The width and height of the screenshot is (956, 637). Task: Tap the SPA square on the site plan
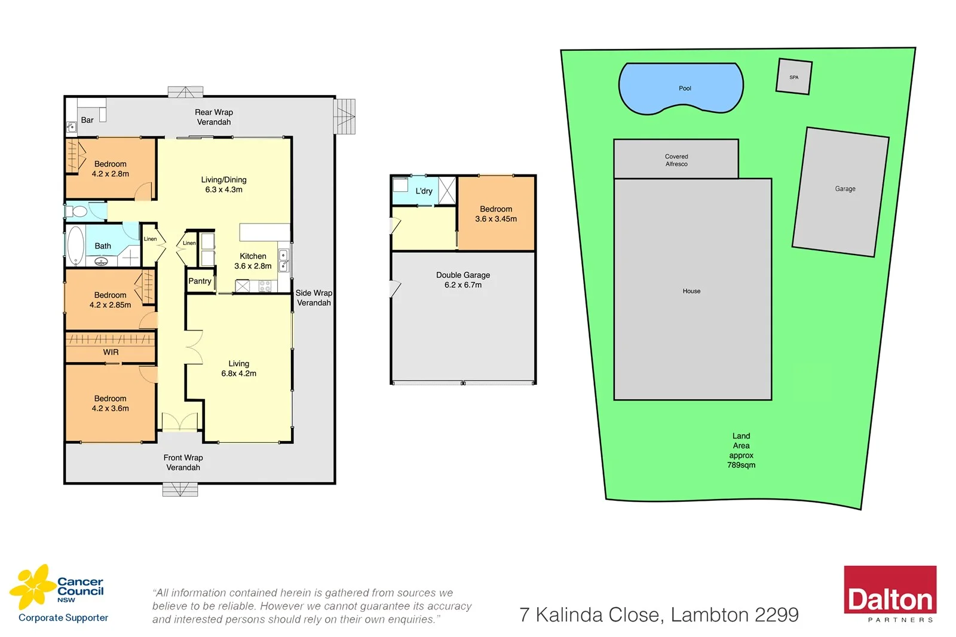(x=793, y=76)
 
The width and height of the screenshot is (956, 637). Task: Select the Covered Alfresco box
(x=676, y=160)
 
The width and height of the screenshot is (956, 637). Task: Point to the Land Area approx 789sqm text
(x=741, y=450)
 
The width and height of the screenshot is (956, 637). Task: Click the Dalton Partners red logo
(x=890, y=593)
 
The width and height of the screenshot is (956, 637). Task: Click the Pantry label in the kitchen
(x=200, y=281)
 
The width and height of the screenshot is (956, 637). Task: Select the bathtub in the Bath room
(x=75, y=245)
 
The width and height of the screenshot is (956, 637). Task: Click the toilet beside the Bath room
(x=78, y=211)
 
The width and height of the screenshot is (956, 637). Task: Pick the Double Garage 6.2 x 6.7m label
(x=462, y=280)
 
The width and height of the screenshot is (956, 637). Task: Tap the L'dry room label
(x=424, y=191)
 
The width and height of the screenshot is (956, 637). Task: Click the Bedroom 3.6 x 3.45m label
(x=496, y=214)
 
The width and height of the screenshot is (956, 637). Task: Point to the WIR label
(x=111, y=352)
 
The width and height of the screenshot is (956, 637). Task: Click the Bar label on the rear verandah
(x=87, y=120)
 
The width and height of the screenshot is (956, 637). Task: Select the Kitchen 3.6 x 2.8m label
(x=253, y=261)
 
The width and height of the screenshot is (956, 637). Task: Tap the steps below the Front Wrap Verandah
(x=180, y=489)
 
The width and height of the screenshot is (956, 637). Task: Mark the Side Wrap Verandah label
(x=314, y=298)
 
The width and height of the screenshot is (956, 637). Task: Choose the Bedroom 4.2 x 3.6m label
(x=110, y=403)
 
